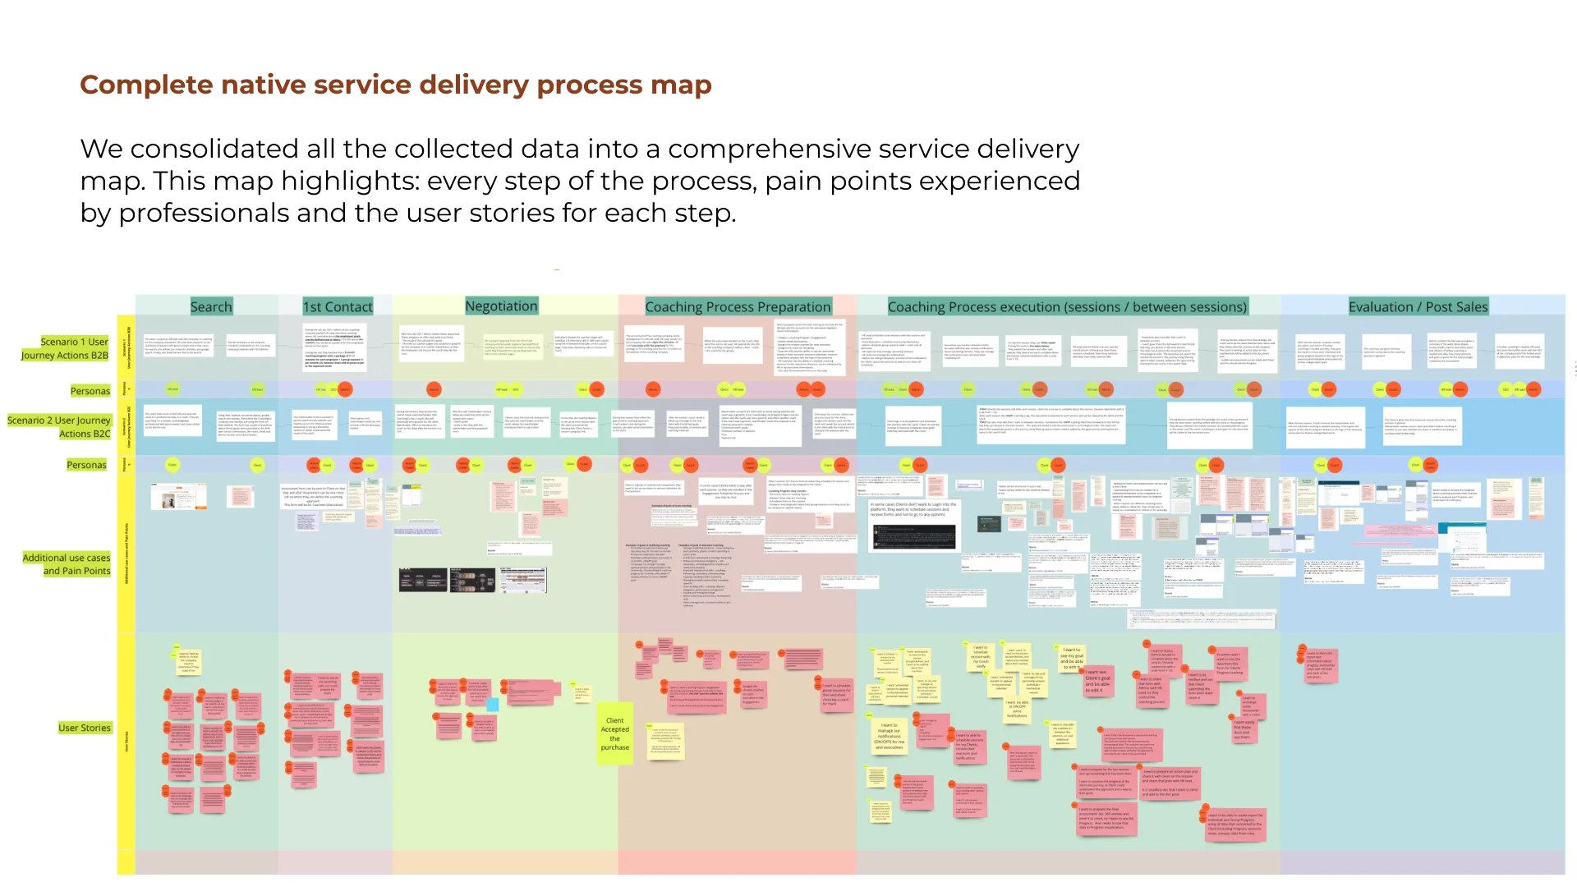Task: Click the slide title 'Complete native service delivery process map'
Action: [395, 85]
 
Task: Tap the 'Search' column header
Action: [211, 306]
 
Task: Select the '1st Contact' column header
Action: [338, 306]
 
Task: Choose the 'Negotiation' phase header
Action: [501, 306]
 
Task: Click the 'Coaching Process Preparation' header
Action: [738, 306]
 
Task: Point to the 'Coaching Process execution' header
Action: [1066, 306]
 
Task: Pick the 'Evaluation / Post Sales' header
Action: [1418, 306]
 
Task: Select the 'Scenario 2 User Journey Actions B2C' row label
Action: [59, 426]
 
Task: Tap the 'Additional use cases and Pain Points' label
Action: [67, 564]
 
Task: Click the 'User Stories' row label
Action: [84, 728]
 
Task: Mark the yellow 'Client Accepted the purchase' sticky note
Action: [614, 733]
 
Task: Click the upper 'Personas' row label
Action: [90, 391]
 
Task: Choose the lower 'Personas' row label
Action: [86, 465]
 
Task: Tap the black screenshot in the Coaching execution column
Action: [913, 536]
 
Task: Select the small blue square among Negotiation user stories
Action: [493, 704]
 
